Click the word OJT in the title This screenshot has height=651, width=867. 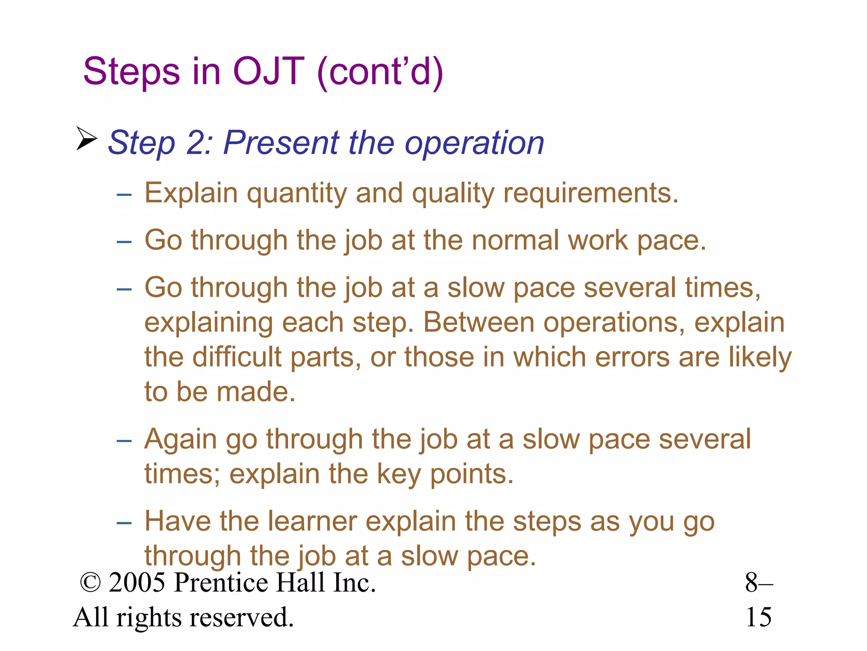[268, 71]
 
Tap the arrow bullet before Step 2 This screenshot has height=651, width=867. [86, 139]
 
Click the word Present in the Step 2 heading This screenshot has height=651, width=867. [281, 143]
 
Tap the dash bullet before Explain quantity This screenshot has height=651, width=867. [124, 195]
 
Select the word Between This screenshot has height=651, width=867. [479, 323]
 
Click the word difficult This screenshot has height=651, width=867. [237, 357]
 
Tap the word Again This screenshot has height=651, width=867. [180, 440]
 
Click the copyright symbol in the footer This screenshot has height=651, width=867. [90, 583]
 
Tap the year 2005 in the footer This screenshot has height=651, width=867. [137, 583]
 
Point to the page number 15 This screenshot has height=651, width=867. [758, 618]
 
